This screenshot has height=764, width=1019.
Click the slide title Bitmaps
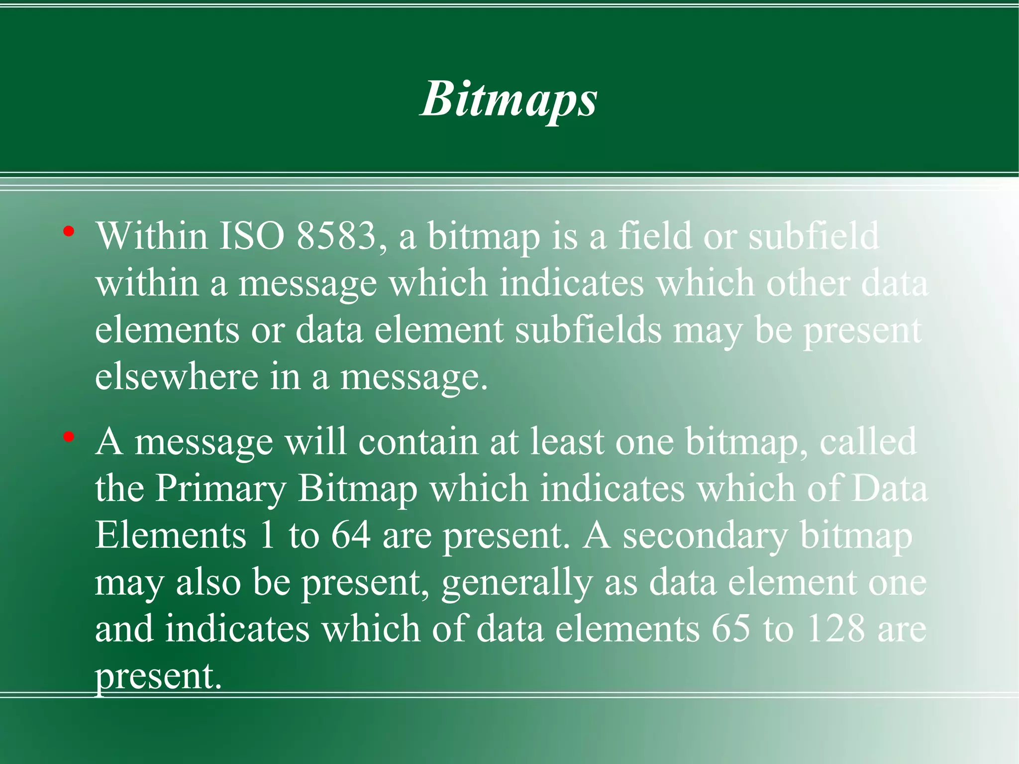[509, 100]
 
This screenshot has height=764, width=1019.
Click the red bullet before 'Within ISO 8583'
[69, 231]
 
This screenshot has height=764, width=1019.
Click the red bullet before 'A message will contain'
[69, 437]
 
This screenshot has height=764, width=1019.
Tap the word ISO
[252, 236]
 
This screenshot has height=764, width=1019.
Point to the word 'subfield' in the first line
[814, 236]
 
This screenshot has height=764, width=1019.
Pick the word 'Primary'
[220, 489]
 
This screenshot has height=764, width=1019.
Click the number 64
[351, 536]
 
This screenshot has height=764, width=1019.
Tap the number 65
[730, 629]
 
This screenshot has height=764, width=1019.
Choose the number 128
[836, 629]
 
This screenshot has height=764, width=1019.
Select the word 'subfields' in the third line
[588, 330]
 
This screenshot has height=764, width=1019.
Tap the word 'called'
[868, 441]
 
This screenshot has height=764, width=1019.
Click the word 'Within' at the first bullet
[152, 236]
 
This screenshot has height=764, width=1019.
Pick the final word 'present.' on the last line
[158, 676]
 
